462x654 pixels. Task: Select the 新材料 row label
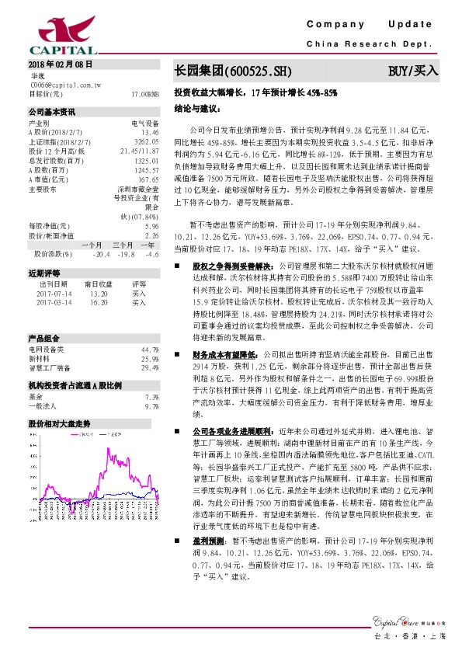40,359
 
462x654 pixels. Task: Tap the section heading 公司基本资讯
52,112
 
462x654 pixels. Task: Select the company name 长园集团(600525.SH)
233,70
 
